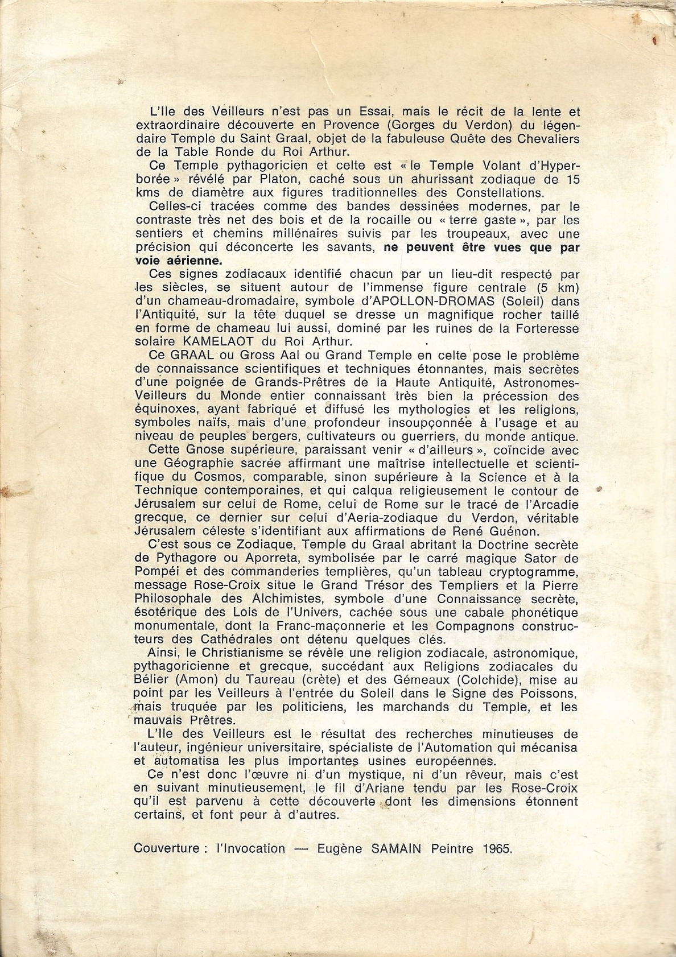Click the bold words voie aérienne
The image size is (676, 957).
click(x=178, y=261)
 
